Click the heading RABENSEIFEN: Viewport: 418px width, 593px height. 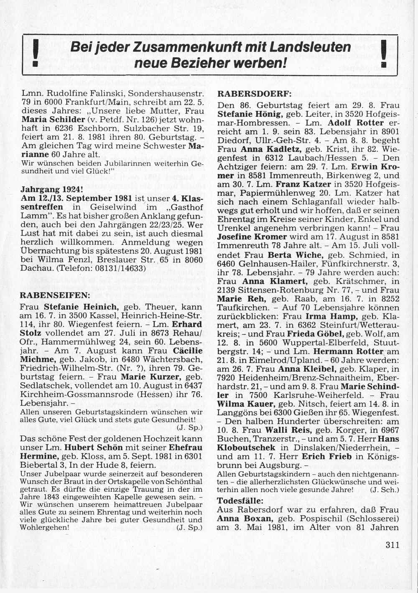[55, 295]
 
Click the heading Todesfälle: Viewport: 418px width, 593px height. [240, 501]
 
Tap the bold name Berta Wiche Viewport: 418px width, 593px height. [295, 254]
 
